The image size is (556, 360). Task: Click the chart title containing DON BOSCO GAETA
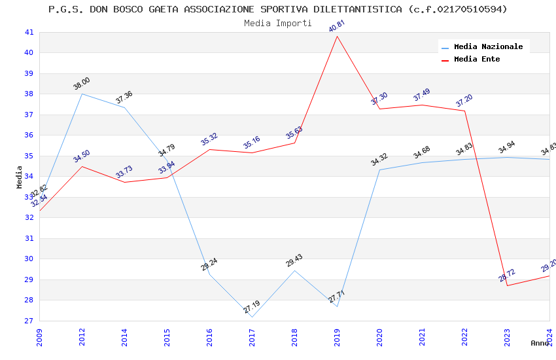pos(278,9)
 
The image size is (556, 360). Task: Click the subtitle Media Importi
pos(278,23)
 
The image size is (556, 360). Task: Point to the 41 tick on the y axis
pos(29,32)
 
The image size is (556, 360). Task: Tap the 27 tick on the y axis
pos(29,321)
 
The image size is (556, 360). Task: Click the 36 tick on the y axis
pos(29,135)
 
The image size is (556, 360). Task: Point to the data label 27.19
pos(252,306)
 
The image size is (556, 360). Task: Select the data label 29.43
pos(294,261)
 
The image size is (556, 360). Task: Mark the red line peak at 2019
pos(337,36)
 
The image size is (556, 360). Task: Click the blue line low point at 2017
pos(252,317)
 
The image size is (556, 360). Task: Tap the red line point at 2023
pos(507,285)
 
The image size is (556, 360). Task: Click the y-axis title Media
pos(20,177)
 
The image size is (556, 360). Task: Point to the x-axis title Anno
pos(540,343)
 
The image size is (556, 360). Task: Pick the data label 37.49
pos(422,95)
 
